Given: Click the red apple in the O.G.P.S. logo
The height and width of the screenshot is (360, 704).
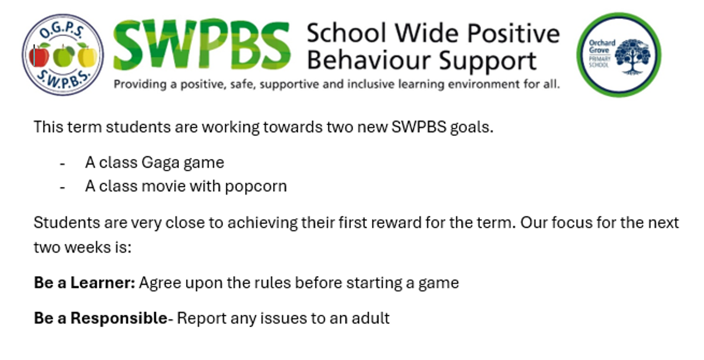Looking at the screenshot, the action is click(39, 56).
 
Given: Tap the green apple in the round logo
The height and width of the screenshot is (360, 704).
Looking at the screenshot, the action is click(63, 56).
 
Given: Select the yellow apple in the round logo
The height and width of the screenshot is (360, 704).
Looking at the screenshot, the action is click(87, 56).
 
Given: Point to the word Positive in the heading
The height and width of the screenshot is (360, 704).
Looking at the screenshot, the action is click(513, 34).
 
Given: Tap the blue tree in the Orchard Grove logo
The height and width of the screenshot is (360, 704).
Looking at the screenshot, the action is click(633, 56).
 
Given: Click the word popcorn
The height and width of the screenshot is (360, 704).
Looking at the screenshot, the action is click(256, 187).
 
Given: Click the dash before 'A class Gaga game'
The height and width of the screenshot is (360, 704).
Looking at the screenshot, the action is click(62, 164).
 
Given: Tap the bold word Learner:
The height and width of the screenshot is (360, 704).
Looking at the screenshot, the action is click(103, 283).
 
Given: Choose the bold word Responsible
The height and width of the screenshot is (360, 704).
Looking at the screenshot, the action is click(119, 318).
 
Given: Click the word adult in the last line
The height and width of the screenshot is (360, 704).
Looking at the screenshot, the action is click(371, 318).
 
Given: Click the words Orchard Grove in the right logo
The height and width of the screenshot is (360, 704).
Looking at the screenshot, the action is click(602, 46).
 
